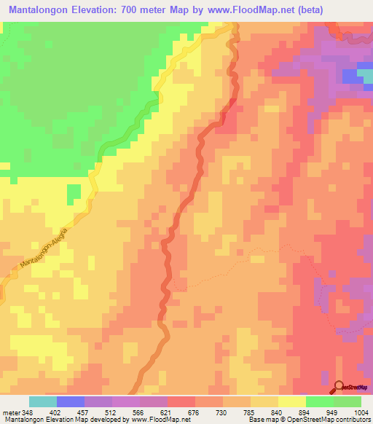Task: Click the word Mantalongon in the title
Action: (44, 9)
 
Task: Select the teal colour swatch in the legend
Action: (43, 401)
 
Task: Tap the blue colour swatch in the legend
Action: (71, 401)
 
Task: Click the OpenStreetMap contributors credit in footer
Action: (331, 420)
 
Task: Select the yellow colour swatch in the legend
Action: (292, 401)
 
